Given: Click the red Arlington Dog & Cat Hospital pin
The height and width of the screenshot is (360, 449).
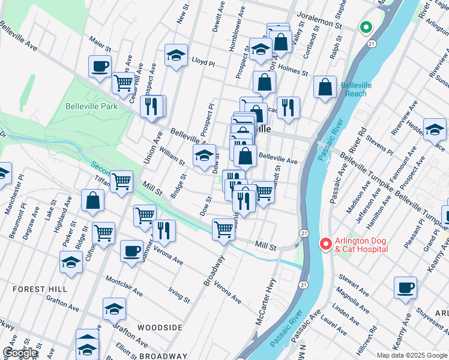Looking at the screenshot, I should point(325,243).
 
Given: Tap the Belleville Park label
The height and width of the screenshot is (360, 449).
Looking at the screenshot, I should point(91,107).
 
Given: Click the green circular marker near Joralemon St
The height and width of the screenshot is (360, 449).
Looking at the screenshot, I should point(365,28).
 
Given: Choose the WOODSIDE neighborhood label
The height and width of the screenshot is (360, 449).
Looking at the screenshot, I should point(160,328).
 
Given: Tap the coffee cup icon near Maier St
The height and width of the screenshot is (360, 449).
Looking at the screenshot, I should point(100,66).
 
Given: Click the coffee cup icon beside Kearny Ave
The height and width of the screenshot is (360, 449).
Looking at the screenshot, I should point(405,287).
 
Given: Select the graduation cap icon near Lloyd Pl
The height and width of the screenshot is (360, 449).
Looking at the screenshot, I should point(176,55).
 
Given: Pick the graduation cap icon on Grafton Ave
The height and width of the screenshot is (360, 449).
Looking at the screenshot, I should point(114,308).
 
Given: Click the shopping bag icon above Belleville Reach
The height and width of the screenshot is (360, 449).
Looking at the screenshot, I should point(325,87).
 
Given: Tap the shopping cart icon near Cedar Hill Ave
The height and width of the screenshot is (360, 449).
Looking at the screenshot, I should point(123,83).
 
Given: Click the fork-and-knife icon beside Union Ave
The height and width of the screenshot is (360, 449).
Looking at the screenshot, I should point(150,106).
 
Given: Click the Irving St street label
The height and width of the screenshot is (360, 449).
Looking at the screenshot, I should point(179,296).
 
